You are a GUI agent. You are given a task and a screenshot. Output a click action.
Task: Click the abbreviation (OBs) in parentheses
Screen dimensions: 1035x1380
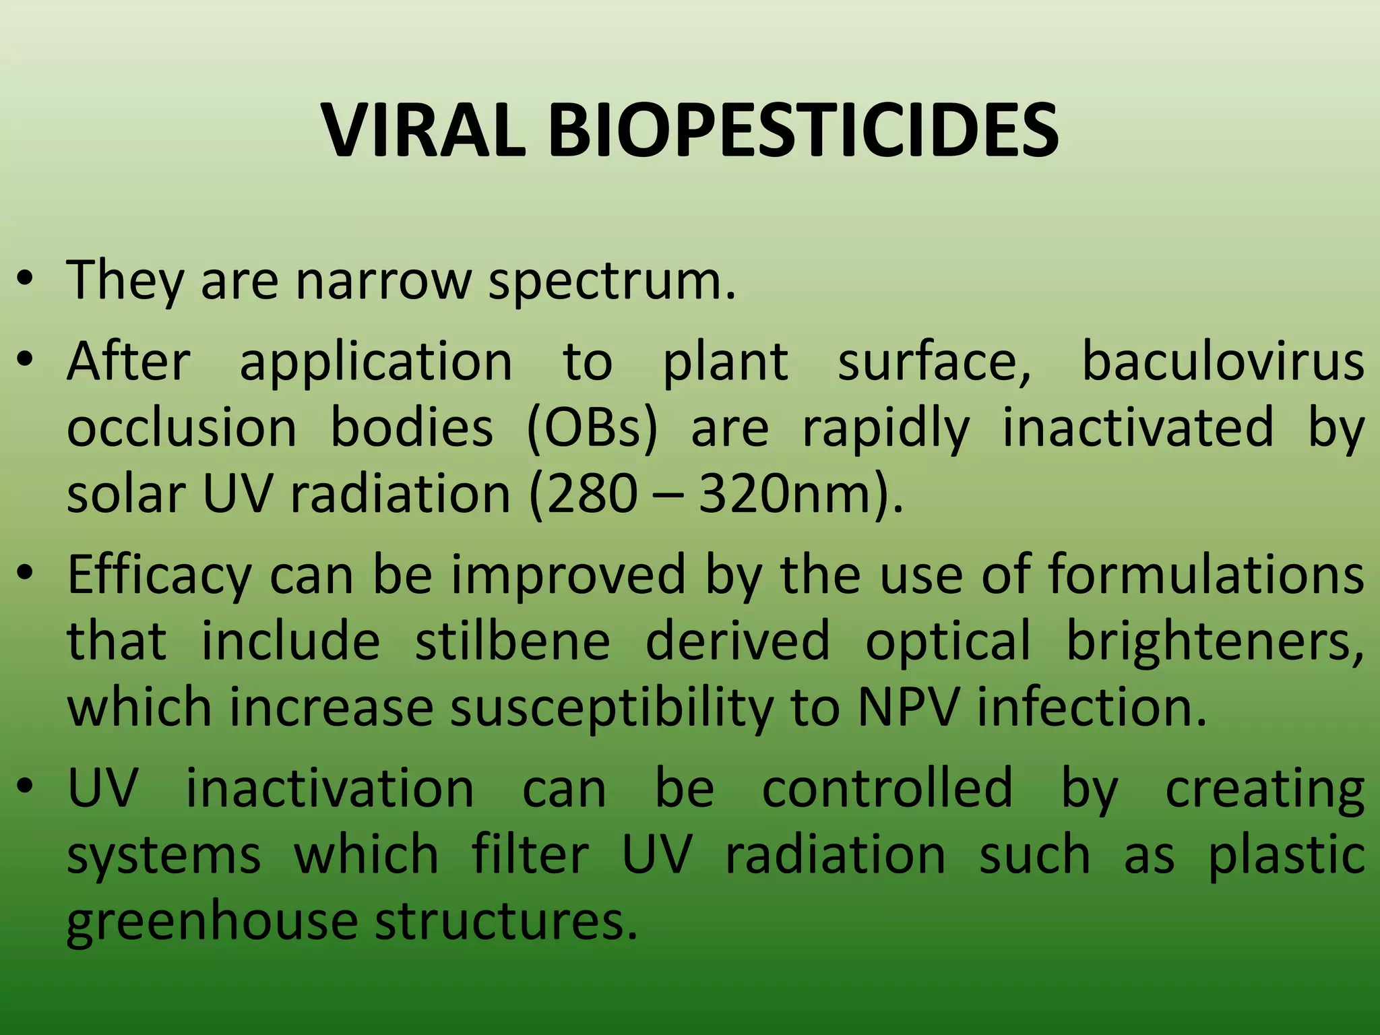coord(592,428)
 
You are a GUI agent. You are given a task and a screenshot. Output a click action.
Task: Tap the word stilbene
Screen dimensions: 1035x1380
coord(512,641)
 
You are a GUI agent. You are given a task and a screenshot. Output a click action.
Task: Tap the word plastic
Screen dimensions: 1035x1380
coord(1286,855)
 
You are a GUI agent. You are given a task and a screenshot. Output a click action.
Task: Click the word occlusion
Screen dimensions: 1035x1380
coord(181,428)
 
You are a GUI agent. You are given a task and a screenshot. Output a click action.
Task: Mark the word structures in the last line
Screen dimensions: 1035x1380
coord(505,921)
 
